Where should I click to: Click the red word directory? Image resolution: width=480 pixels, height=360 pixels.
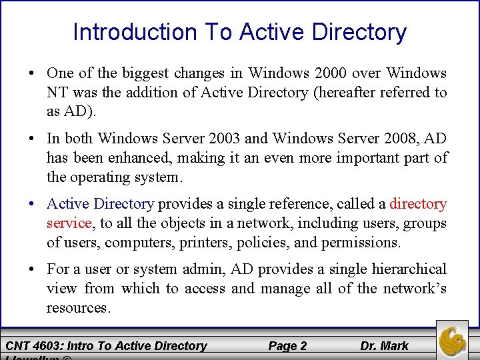coord(418,203)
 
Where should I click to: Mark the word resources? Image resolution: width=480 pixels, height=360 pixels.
coord(77,307)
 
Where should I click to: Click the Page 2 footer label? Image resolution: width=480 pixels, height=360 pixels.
coord(287,345)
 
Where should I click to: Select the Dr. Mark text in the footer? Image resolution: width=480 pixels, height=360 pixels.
coord(385,345)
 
